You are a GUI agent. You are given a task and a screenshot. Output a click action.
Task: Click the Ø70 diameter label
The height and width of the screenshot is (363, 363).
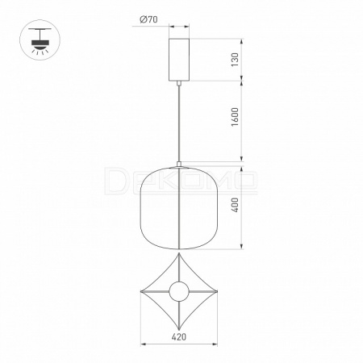pos(148,19)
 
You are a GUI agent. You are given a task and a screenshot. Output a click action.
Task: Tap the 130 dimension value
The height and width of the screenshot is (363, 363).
pos(235,60)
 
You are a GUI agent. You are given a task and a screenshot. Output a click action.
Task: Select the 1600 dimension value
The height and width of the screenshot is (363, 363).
pos(235,117)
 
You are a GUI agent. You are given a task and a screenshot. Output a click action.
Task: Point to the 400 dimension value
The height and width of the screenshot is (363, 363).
pos(235,205)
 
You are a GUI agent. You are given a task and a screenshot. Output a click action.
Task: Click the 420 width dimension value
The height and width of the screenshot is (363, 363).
pos(179,336)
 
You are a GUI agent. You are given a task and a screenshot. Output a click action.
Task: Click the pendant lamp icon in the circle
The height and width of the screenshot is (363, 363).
pos(40,40)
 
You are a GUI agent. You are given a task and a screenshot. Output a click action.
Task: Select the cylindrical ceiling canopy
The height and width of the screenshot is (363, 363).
pos(179,60)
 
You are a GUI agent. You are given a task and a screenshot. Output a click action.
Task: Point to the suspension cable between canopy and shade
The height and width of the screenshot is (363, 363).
pos(179,123)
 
